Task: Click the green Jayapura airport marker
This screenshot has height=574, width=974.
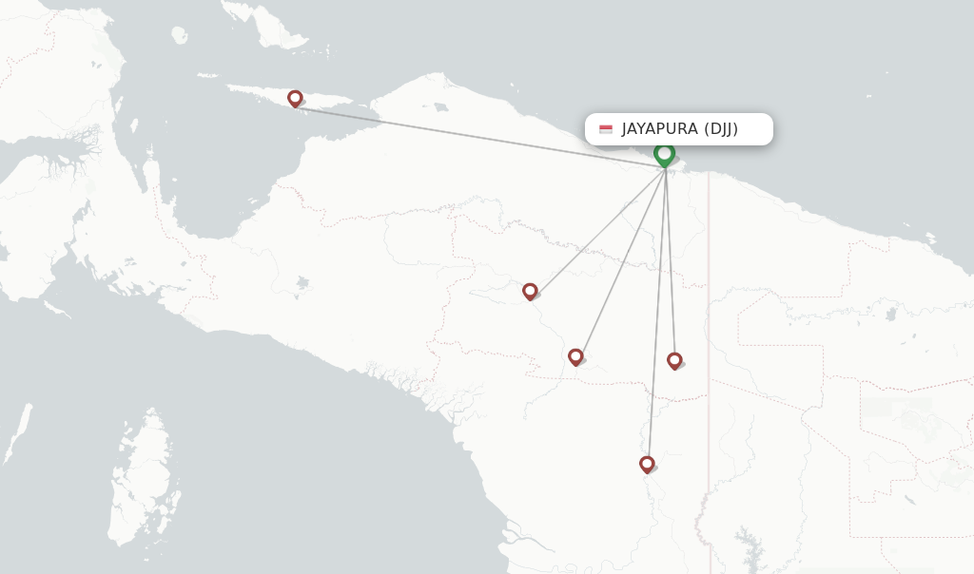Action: [664, 154]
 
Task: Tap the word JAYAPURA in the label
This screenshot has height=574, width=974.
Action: [660, 129]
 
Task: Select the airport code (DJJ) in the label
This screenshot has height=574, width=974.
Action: [721, 129]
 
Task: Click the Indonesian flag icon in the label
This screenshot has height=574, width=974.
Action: [606, 129]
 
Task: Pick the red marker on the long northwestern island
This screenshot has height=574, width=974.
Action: [295, 98]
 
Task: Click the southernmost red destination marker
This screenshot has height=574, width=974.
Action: [647, 464]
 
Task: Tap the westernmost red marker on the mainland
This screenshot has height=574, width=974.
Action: [530, 291]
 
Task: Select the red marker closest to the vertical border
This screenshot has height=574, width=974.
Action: [674, 360]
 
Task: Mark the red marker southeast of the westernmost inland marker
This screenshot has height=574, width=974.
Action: [575, 356]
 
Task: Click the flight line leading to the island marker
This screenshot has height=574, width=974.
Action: [476, 134]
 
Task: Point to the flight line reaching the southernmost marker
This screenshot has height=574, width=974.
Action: [656, 314]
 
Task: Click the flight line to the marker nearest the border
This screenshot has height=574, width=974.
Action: [671, 266]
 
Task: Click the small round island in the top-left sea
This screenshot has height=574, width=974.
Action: [179, 35]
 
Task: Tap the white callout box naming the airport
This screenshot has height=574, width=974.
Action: [678, 129]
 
